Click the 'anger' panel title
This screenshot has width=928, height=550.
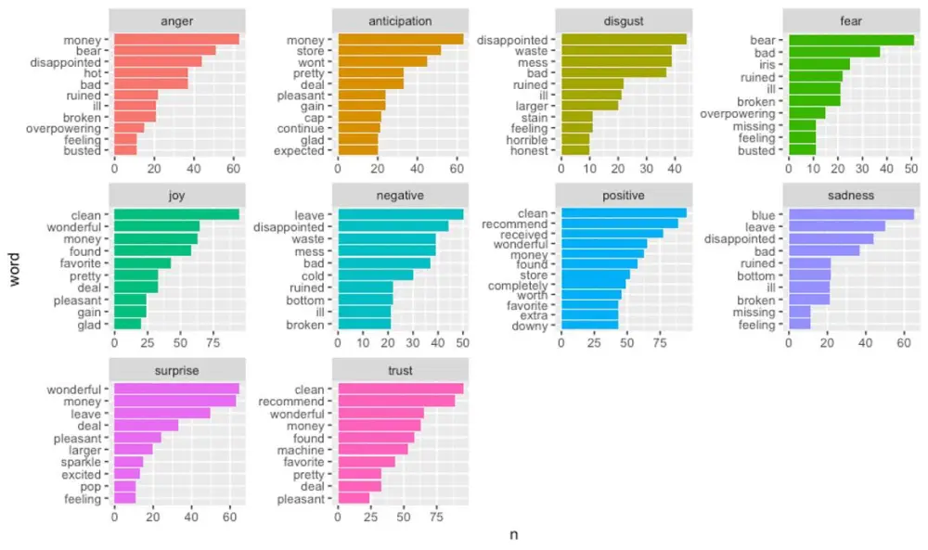(177, 20)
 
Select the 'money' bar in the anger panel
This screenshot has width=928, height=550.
(175, 39)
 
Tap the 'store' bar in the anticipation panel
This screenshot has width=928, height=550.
(389, 51)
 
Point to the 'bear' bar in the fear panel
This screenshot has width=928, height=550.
(850, 39)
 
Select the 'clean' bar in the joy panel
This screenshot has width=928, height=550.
(175, 214)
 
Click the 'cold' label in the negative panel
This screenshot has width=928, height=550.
(313, 275)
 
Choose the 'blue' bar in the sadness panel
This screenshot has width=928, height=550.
(850, 214)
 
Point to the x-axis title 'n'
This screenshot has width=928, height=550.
(514, 535)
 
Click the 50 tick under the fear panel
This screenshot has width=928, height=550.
(910, 170)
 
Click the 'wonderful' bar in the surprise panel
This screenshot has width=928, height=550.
(175, 389)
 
